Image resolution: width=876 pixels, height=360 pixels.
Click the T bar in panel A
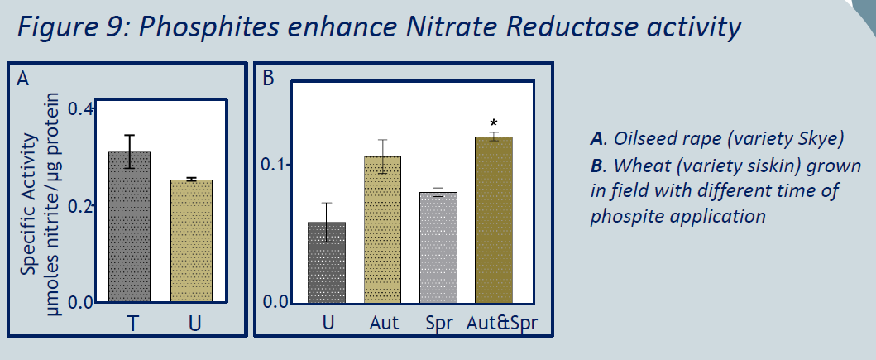tap(130, 227)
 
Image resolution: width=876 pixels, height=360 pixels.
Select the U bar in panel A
tap(191, 241)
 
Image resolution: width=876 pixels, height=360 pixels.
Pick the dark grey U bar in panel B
tap(327, 262)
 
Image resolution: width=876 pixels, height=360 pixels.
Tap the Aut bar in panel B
tap(382, 230)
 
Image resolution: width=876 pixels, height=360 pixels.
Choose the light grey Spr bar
tap(438, 248)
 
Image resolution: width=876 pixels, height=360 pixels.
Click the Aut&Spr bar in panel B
tap(493, 220)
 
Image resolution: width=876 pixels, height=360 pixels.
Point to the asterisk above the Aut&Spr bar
tap(493, 123)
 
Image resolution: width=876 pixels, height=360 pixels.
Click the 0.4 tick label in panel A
tap(80, 108)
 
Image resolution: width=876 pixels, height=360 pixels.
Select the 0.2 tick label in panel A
tap(80, 206)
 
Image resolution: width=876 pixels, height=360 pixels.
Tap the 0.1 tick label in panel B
tap(275, 165)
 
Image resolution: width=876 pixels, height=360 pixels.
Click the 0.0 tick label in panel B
tap(275, 302)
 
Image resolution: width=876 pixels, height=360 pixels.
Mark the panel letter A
tap(22, 79)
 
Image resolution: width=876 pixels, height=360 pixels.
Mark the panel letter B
tap(268, 79)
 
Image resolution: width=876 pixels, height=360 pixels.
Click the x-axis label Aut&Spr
tap(501, 323)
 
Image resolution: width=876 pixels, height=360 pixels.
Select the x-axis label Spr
tap(439, 324)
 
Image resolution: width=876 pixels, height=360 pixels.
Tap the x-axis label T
tap(132, 323)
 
